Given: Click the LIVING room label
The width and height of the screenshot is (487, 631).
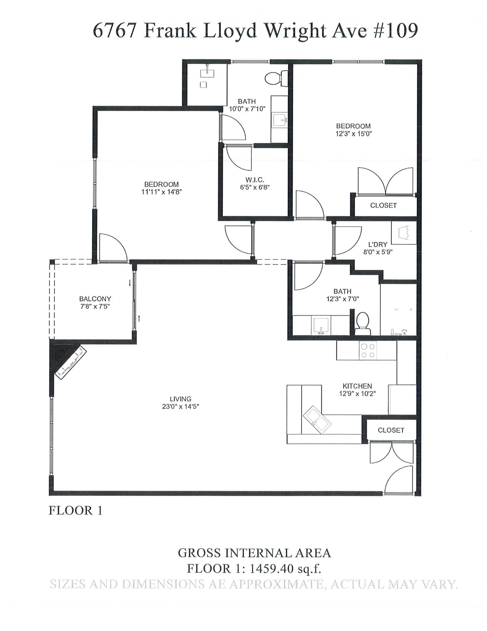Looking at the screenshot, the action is (180, 399).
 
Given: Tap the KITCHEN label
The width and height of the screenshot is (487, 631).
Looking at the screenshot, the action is (357, 386).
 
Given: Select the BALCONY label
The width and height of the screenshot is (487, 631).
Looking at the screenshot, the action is (95, 299).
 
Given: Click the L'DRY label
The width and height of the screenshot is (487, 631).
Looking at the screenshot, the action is (378, 244).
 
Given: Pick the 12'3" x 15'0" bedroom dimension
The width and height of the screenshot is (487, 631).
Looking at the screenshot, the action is (353, 134).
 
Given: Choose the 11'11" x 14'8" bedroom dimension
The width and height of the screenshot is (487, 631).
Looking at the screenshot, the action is (162, 192).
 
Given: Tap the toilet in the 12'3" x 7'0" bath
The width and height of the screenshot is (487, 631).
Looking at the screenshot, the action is (363, 324).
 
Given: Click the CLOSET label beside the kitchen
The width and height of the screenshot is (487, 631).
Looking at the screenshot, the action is (391, 430).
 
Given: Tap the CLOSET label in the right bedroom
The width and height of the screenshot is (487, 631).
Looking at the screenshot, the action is (383, 206).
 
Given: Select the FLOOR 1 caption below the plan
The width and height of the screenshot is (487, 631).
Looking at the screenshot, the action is (76, 510).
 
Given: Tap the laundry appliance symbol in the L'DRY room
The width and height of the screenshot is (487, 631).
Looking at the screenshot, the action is (404, 232).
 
